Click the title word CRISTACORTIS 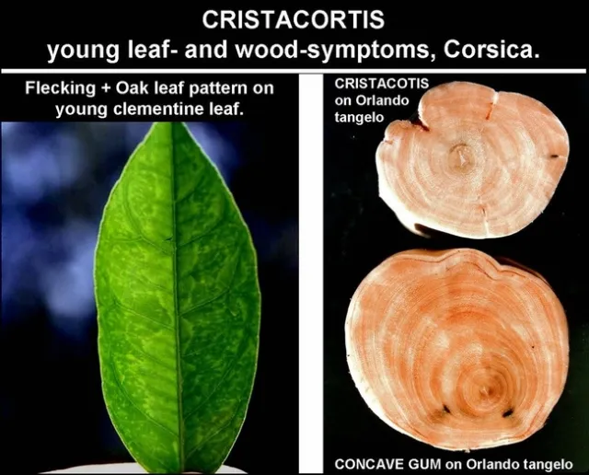click(x=294, y=18)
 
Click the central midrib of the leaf click(x=176, y=295)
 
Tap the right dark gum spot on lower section click(x=506, y=412)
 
